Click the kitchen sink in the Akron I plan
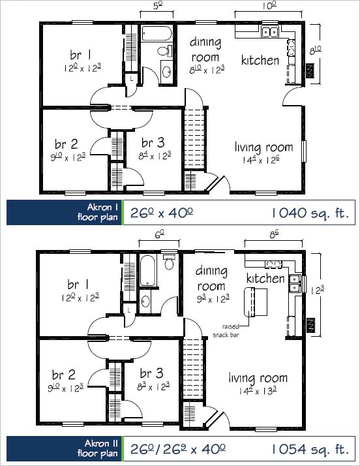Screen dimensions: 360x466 pyautogui.click(x=270, y=31)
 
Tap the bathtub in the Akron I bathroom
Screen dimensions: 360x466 pyautogui.click(x=157, y=33)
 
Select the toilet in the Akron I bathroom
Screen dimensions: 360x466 pyautogui.click(x=165, y=51)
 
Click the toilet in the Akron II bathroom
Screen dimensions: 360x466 pyautogui.click(x=170, y=262)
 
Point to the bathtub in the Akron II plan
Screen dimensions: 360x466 pyautogui.click(x=147, y=270)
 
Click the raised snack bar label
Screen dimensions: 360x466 pyautogui.click(x=226, y=330)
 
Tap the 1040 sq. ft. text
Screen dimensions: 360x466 pyautogui.click(x=310, y=213)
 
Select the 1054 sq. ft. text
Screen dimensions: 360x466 pyautogui.click(x=310, y=449)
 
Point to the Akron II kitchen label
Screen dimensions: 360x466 pyautogui.click(x=265, y=279)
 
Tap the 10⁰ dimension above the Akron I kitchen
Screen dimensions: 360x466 pyautogui.click(x=269, y=6)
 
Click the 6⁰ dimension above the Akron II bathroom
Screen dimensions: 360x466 pyautogui.click(x=159, y=234)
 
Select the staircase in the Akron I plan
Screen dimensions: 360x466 pyautogui.click(x=194, y=138)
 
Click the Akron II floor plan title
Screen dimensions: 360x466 pyautogui.click(x=97, y=448)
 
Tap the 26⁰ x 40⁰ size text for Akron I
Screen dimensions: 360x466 pyautogui.click(x=162, y=213)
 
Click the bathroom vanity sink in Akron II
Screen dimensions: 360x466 pyautogui.click(x=145, y=302)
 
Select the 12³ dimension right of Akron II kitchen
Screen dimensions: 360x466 pyautogui.click(x=317, y=290)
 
